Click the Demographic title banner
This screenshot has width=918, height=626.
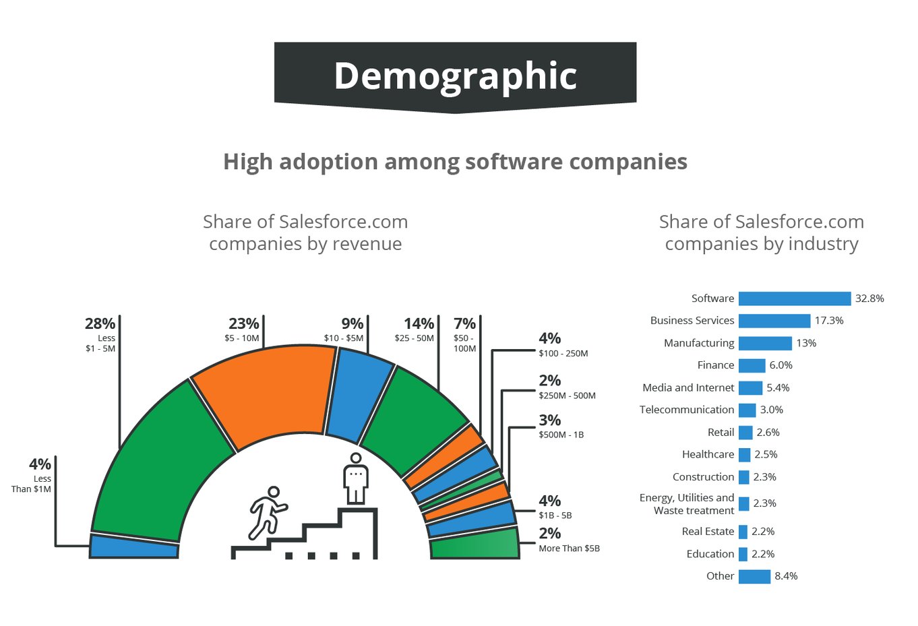point(455,75)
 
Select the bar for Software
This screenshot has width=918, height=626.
point(794,299)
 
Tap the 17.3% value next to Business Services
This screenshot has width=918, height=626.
point(829,321)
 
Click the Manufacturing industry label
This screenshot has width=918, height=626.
point(698,343)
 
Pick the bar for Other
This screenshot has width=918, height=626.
point(754,577)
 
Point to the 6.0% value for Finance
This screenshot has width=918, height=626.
point(781,365)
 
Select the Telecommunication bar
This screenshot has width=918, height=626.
point(747,410)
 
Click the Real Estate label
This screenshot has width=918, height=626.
point(707,532)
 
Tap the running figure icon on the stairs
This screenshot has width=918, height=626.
point(267,512)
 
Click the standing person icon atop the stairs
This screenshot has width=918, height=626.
point(355,478)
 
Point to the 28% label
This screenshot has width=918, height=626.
point(100,324)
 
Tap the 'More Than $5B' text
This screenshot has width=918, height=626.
point(569,549)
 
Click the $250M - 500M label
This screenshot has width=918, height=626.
point(567,396)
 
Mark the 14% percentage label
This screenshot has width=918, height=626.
point(419,324)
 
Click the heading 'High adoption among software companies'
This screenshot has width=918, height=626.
point(455,162)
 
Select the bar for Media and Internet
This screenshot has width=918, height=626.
point(750,388)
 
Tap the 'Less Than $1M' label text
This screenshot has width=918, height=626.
point(32,484)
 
